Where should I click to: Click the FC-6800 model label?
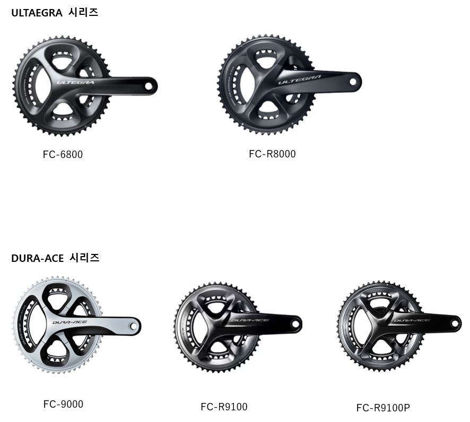tap(63, 155)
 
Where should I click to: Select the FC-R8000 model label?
tap(272, 154)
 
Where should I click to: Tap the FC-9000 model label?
tap(63, 404)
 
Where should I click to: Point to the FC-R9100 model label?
tap(224, 407)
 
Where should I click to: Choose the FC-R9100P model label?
tap(383, 408)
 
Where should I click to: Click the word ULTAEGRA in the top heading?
tap(37, 13)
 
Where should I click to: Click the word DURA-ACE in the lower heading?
tap(37, 258)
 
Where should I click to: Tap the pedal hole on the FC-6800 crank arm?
tap(148, 86)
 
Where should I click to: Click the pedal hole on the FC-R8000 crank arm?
tap(352, 82)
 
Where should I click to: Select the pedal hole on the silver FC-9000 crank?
tap(132, 326)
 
